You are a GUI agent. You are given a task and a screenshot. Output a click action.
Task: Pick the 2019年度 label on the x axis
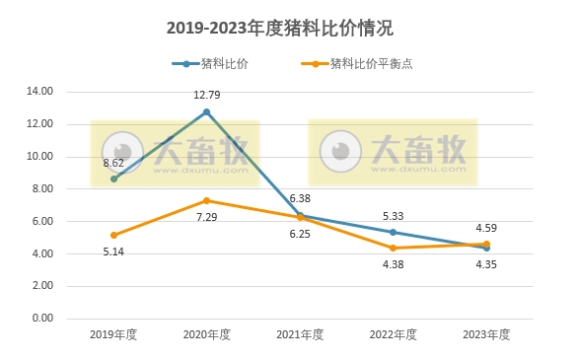pyautogui.click(x=113, y=334)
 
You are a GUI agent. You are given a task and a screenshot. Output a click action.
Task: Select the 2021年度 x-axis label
pyautogui.click(x=300, y=334)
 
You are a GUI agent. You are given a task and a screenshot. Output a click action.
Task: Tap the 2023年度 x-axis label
pyautogui.click(x=486, y=334)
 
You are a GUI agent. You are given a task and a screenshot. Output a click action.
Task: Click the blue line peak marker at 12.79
pyautogui.click(x=207, y=111)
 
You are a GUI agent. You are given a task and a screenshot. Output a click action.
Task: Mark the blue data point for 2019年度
pyautogui.click(x=113, y=179)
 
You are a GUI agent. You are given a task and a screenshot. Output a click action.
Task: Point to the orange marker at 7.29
pyautogui.click(x=207, y=200)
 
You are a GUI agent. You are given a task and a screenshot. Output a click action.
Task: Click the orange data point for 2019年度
pyautogui.click(x=113, y=235)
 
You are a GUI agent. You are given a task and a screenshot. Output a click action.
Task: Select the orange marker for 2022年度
pyautogui.click(x=394, y=248)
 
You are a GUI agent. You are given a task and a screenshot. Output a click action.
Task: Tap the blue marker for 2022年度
pyautogui.click(x=394, y=232)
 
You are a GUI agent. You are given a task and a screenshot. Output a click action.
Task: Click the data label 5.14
pyautogui.click(x=113, y=252)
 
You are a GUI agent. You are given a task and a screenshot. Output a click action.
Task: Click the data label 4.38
pyautogui.click(x=394, y=263)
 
